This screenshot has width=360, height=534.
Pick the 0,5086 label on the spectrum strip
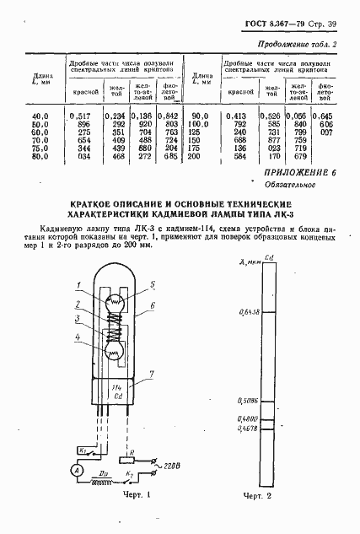click(241, 401)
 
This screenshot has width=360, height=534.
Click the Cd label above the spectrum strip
click(266, 257)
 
